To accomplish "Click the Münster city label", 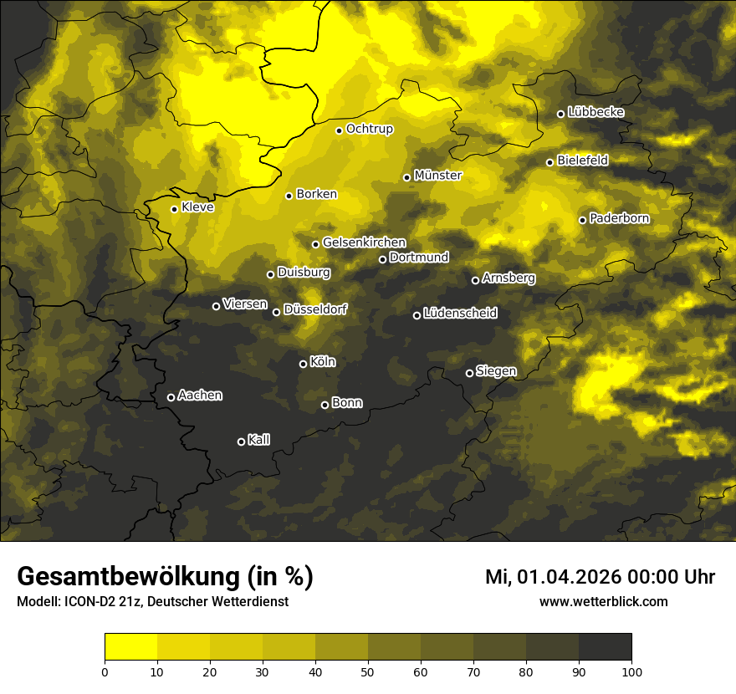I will [437, 176].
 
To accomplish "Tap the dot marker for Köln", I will [303, 364].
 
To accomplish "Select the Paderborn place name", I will [619, 218].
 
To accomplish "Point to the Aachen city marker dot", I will [171, 397].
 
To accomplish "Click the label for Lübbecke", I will [595, 112].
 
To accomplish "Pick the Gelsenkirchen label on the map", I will [364, 242].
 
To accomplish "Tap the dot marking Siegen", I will [469, 373].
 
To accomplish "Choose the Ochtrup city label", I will [369, 129].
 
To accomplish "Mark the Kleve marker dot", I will [174, 209].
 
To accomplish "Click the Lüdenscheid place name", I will [460, 314].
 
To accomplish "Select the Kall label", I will [258, 440].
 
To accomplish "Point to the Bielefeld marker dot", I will [549, 162].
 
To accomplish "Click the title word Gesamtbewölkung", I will [130, 576].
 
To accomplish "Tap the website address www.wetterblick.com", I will [604, 601].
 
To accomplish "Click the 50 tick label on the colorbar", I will [368, 671].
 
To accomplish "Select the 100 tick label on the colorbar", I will [631, 671].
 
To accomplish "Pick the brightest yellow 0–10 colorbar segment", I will [130, 647].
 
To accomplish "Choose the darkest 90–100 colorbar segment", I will [605, 647].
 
